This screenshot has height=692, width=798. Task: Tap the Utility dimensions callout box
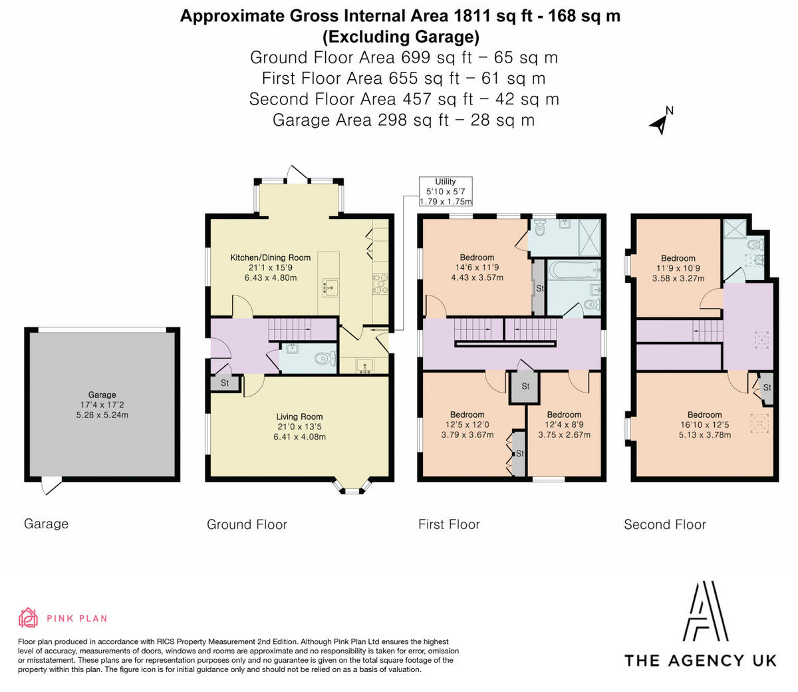(446, 191)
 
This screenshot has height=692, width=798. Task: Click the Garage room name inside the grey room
(102, 395)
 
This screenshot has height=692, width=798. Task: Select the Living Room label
(299, 417)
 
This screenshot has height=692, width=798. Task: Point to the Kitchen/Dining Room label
(270, 258)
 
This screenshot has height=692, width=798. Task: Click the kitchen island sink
(330, 288)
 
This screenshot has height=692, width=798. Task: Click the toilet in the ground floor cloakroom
(325, 359)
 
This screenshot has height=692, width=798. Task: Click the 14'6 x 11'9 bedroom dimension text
(477, 267)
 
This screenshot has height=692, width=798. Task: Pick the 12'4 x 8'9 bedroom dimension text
(564, 425)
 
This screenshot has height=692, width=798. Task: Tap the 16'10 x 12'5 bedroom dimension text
(705, 425)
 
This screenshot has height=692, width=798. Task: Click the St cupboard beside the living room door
(225, 383)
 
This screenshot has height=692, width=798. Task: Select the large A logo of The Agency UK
(706, 611)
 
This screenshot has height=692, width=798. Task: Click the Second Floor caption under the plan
(665, 524)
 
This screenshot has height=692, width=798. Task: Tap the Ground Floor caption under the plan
(247, 524)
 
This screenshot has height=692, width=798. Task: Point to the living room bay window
(352, 487)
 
